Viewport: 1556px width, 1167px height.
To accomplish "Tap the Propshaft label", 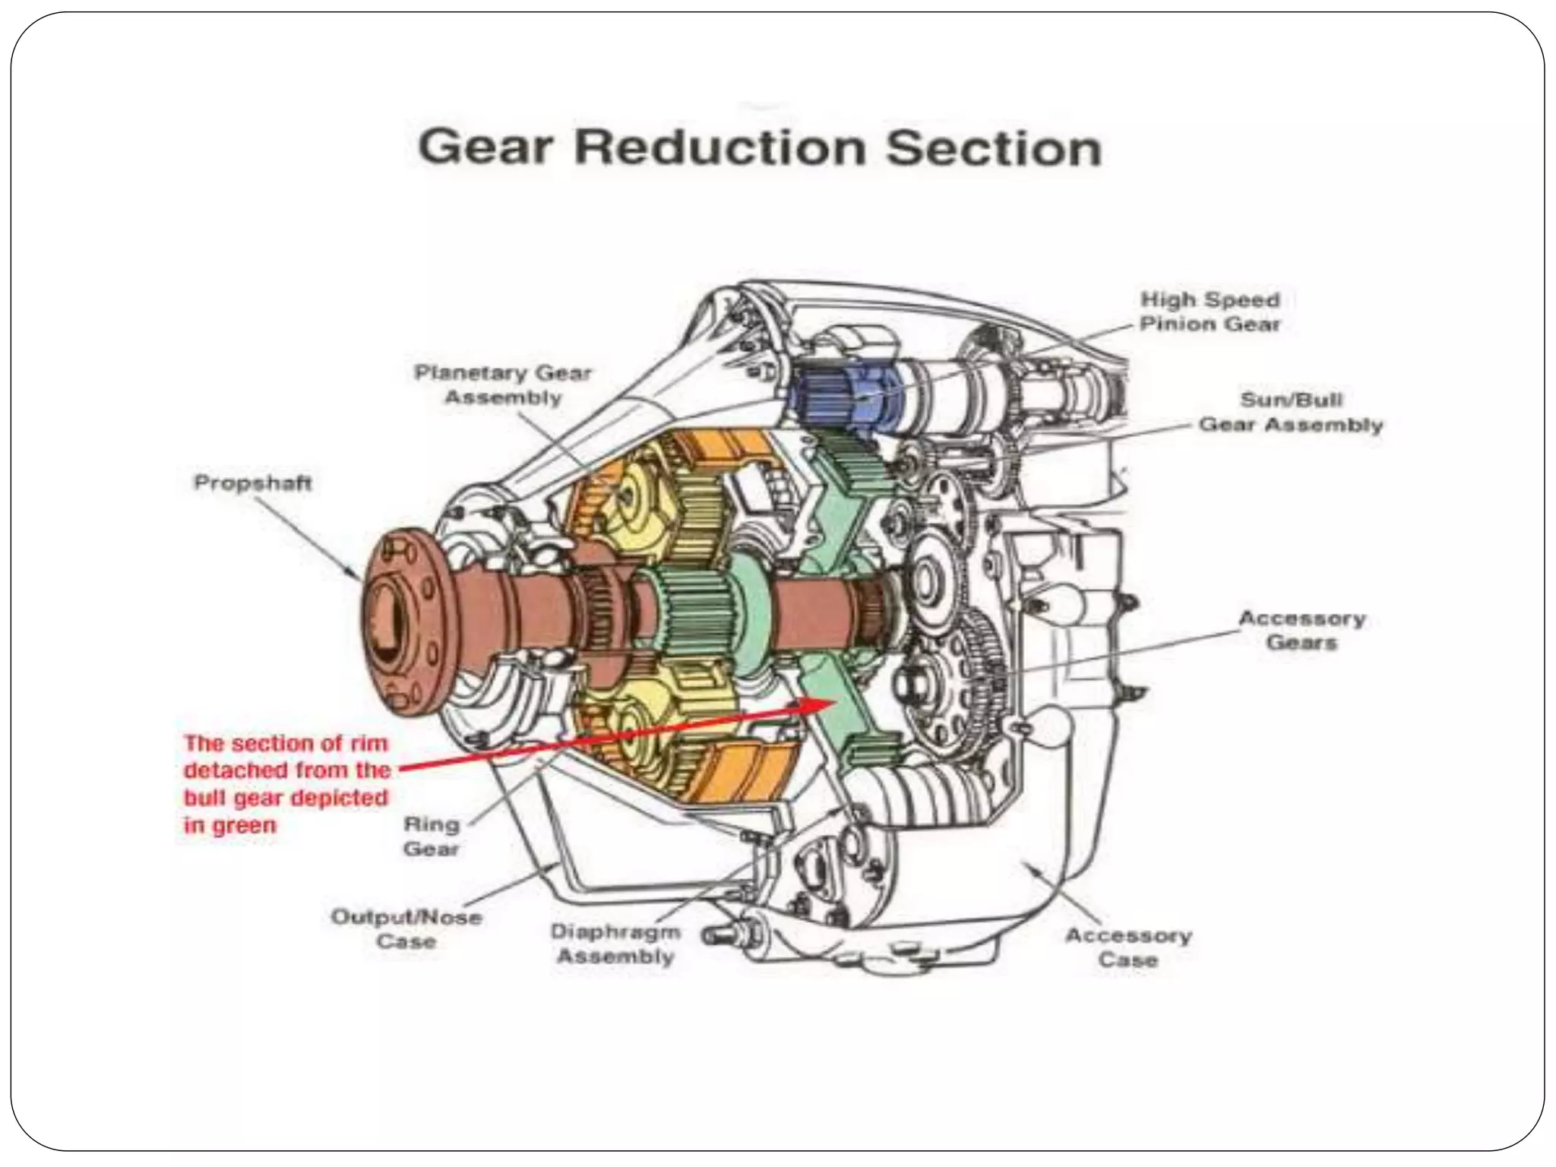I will tap(253, 483).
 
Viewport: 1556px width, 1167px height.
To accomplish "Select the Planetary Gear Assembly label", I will tap(502, 385).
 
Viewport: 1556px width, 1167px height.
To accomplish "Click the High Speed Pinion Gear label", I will tap(1210, 312).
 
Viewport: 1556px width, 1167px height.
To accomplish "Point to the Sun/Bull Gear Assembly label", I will tap(1290, 412).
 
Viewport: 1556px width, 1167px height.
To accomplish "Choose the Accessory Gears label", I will tap(1301, 630).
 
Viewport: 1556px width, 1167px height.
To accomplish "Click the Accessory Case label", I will tap(1127, 947).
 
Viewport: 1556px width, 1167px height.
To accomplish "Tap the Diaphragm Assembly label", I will tap(615, 944).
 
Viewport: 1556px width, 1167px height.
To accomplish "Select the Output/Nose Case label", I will tap(406, 929).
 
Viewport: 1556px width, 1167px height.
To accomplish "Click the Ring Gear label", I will tap(431, 836).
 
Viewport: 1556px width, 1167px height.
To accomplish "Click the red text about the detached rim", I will tap(286, 783).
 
